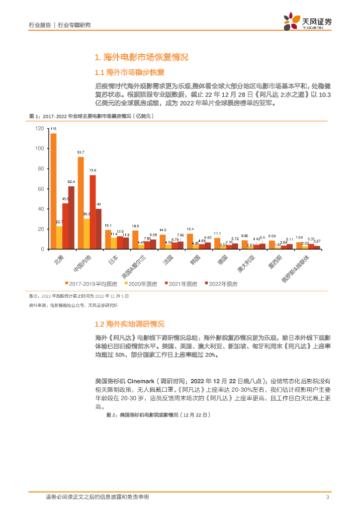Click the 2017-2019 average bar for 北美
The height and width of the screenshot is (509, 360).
coord(53,191)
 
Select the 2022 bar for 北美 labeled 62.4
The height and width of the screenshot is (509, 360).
coord(71,217)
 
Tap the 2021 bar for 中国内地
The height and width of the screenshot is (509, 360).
coord(92,212)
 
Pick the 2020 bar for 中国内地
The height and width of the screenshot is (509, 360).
coord(87,234)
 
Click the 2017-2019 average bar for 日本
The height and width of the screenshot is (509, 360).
coord(108,239)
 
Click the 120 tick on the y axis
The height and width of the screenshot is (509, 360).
coord(40,129)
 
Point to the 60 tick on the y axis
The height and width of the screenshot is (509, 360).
coord(41,189)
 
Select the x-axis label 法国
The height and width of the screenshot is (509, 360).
coord(167,259)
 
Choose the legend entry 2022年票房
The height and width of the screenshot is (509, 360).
coord(223,284)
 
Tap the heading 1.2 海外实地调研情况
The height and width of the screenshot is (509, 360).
coord(129,324)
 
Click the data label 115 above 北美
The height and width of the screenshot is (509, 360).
coord(53,130)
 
